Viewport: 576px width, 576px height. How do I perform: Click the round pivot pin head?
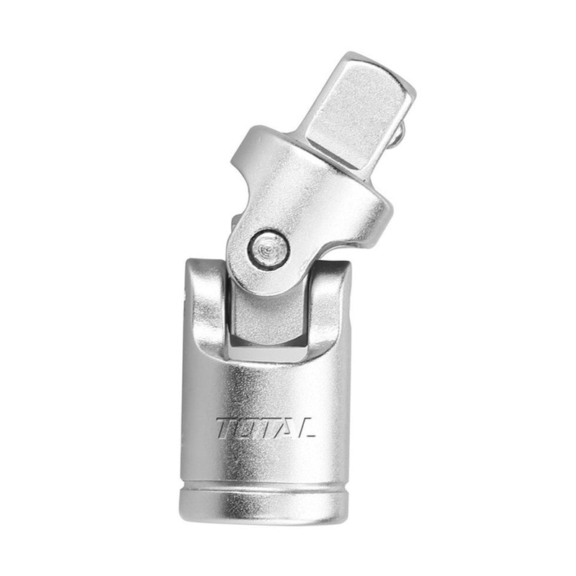[x=268, y=249]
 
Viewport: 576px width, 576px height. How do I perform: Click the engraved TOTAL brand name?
[x=265, y=428]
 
